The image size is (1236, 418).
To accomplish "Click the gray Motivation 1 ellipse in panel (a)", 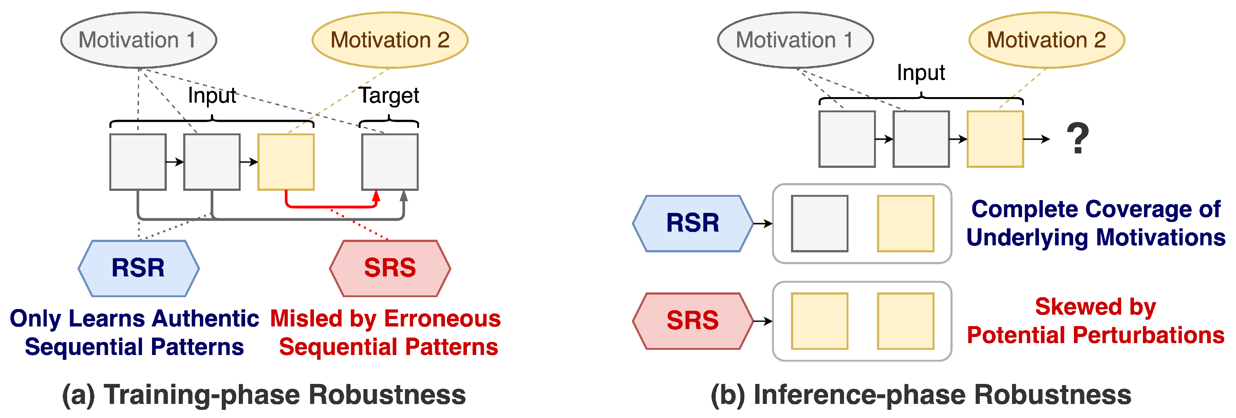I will (x=138, y=40).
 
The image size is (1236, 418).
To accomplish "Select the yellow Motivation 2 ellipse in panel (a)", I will (x=390, y=40).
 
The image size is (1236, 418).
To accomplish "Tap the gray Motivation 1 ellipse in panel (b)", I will (x=795, y=40).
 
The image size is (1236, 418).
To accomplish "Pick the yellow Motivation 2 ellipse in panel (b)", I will (x=1047, y=40).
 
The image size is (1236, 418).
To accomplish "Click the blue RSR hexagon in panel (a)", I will (x=138, y=268).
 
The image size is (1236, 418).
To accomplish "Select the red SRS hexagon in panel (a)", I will (x=390, y=268).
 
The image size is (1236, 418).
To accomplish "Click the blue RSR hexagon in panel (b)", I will (x=692, y=223).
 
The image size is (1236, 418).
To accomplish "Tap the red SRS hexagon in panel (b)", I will (x=692, y=321).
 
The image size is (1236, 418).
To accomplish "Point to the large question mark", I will (x=1077, y=139).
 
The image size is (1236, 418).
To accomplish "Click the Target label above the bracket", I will (x=389, y=95).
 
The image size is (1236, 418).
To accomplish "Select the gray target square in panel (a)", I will (x=390, y=162).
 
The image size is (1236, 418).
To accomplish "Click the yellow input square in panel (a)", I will (x=286, y=162).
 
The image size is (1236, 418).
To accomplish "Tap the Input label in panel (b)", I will (x=920, y=73).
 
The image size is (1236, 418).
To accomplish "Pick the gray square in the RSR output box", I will (x=819, y=223).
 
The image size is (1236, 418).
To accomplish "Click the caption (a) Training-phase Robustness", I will (x=264, y=395).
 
